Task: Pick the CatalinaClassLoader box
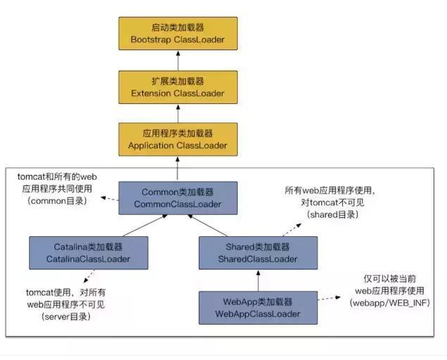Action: coord(88,252)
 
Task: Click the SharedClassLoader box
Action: coord(257,252)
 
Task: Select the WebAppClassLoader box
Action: coord(257,307)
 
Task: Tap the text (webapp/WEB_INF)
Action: coord(389,303)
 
